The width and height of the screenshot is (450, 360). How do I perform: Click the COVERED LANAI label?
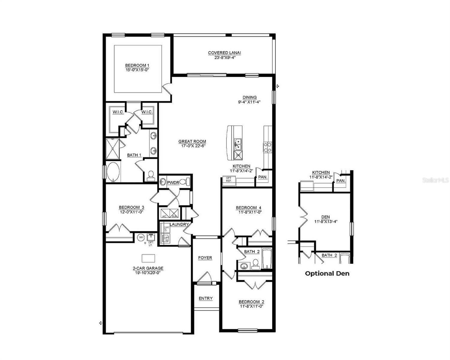(225, 53)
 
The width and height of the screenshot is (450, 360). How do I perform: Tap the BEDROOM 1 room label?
(137, 65)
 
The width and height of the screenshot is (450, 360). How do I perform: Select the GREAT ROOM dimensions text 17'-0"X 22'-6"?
(192, 146)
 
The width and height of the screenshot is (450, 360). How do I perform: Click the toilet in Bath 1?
(151, 175)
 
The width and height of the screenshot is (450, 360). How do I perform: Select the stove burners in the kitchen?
(267, 147)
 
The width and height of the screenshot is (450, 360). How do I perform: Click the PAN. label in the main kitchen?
(263, 177)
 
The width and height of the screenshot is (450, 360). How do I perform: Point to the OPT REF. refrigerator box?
(229, 180)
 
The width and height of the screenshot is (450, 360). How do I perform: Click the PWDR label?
(173, 182)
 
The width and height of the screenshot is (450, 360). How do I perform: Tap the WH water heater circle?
(141, 238)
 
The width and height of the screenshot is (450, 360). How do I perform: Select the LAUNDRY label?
(179, 224)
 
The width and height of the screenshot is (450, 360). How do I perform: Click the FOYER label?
(205, 258)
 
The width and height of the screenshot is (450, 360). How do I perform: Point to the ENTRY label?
(206, 298)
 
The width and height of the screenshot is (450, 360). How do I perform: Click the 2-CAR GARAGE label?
(148, 268)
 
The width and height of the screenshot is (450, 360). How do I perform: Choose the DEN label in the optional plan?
(325, 217)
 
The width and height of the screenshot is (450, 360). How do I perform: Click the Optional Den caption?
(327, 273)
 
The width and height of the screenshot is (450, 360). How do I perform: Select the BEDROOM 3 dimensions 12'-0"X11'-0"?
(131, 211)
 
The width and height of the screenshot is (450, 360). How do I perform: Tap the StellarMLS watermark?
(436, 180)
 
